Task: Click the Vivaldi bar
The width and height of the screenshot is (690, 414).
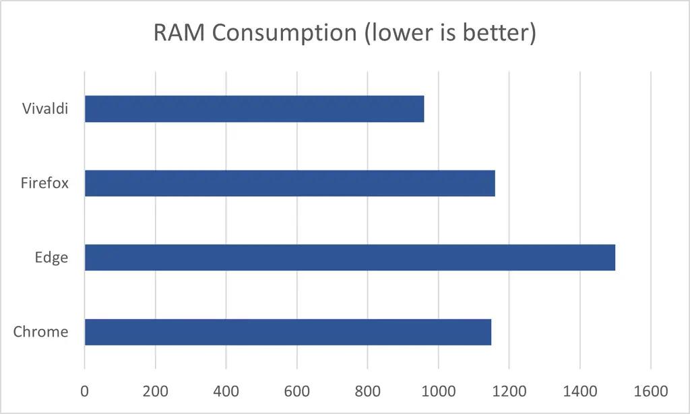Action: click(254, 109)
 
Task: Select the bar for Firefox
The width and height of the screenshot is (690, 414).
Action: click(290, 183)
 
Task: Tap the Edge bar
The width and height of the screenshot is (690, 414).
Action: click(350, 257)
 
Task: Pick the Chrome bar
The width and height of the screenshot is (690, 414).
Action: click(288, 332)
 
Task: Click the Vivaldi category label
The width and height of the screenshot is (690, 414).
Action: click(45, 108)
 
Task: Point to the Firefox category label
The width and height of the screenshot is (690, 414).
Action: click(44, 182)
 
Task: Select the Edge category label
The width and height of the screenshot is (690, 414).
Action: click(53, 257)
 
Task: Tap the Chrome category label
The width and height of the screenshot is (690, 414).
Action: click(40, 331)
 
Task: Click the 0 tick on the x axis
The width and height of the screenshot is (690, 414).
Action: click(84, 390)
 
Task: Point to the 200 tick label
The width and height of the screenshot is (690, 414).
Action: click(155, 390)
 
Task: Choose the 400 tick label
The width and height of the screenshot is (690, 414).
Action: click(226, 390)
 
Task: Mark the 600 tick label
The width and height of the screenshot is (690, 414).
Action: click(296, 390)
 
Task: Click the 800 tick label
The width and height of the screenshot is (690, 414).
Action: click(367, 390)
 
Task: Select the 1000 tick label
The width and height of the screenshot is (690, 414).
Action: click(438, 390)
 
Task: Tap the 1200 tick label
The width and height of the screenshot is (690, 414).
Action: click(509, 390)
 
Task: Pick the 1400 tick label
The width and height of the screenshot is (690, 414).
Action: click(579, 390)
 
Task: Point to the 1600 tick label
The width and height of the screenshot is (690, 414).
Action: click(650, 390)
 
